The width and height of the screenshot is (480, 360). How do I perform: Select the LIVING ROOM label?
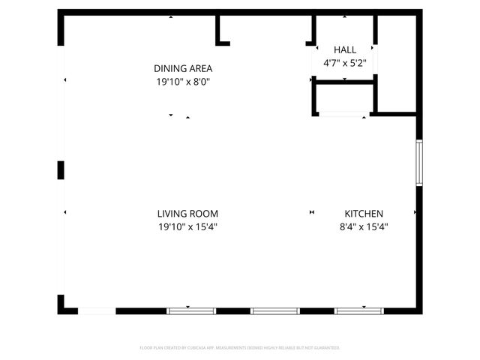187,213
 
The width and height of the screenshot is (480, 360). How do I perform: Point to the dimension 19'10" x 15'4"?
187,226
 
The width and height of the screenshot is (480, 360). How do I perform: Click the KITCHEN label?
364,213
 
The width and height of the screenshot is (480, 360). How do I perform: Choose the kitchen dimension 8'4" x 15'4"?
364,226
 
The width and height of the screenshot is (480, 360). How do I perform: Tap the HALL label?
346,49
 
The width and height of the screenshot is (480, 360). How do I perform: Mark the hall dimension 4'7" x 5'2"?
346,63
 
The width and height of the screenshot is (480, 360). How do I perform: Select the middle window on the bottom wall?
274,310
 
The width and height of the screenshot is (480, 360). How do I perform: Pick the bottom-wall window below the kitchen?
358,310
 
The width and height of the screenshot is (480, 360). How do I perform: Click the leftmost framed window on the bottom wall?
190,310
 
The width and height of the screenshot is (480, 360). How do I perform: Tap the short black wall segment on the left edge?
61,170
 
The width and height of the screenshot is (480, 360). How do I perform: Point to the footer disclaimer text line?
240,348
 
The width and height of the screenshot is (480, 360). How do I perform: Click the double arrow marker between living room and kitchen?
311,212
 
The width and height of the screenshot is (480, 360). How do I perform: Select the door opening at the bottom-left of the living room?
97,310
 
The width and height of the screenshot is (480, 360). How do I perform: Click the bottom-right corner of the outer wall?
419,310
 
